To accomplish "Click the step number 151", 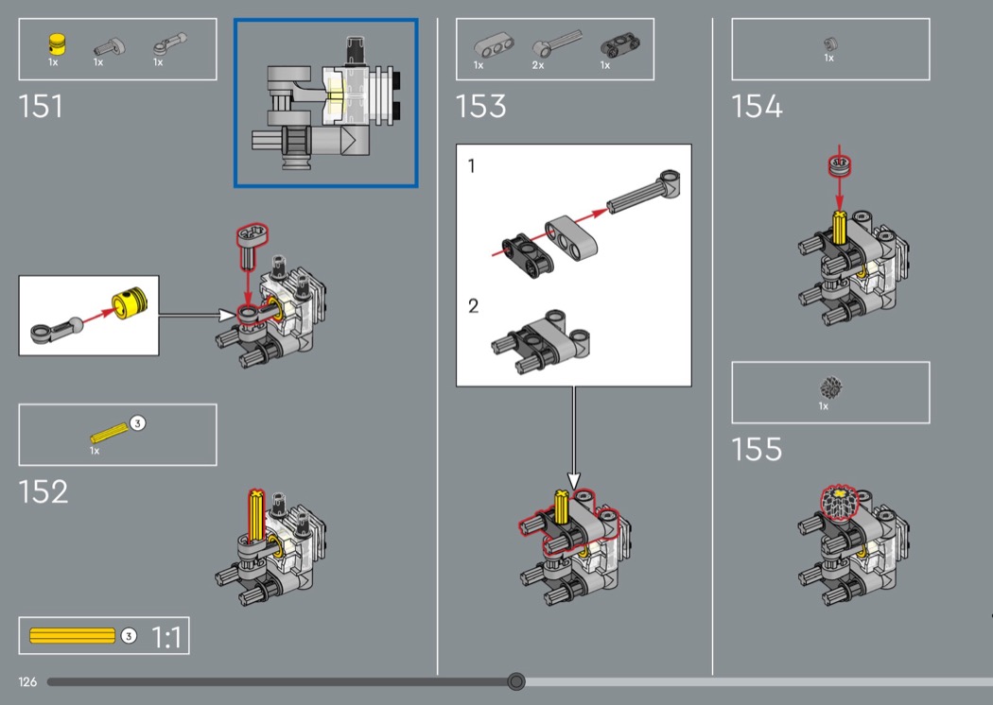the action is pyautogui.click(x=42, y=106).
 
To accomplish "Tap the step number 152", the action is pyautogui.click(x=44, y=491).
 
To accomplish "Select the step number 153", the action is pyautogui.click(x=480, y=106).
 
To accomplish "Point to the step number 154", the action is pyautogui.click(x=757, y=106).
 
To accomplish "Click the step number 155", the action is pyautogui.click(x=757, y=449).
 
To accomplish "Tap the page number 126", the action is pyautogui.click(x=27, y=681).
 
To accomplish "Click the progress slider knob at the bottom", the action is pyautogui.click(x=516, y=681).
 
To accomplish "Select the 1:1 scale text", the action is pyautogui.click(x=166, y=637).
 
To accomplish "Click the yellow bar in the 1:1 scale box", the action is pyautogui.click(x=72, y=635).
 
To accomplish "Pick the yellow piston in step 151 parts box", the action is pyautogui.click(x=57, y=43).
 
